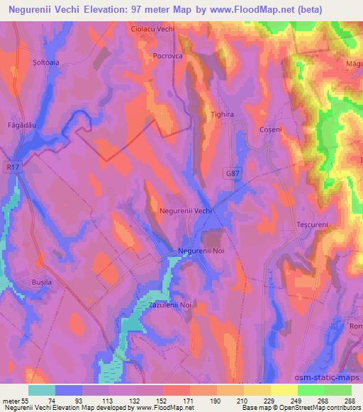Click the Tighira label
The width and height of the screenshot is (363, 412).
point(222,113)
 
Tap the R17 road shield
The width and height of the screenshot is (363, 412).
point(10,167)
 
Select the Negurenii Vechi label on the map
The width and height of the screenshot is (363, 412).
point(186,212)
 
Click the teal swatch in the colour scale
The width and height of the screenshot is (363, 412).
point(41,390)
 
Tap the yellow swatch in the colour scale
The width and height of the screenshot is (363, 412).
point(284,390)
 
